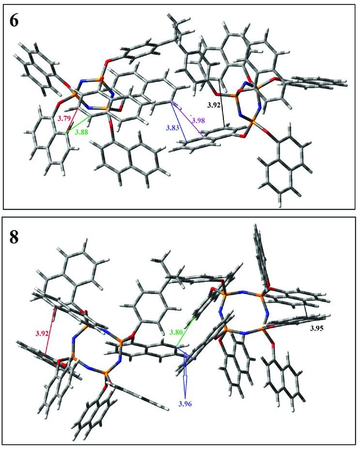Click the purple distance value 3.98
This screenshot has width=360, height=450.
point(199,120)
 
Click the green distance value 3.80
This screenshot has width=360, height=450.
point(178,332)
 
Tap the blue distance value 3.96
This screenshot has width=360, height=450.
point(186,403)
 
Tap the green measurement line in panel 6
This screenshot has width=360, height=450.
point(78,123)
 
